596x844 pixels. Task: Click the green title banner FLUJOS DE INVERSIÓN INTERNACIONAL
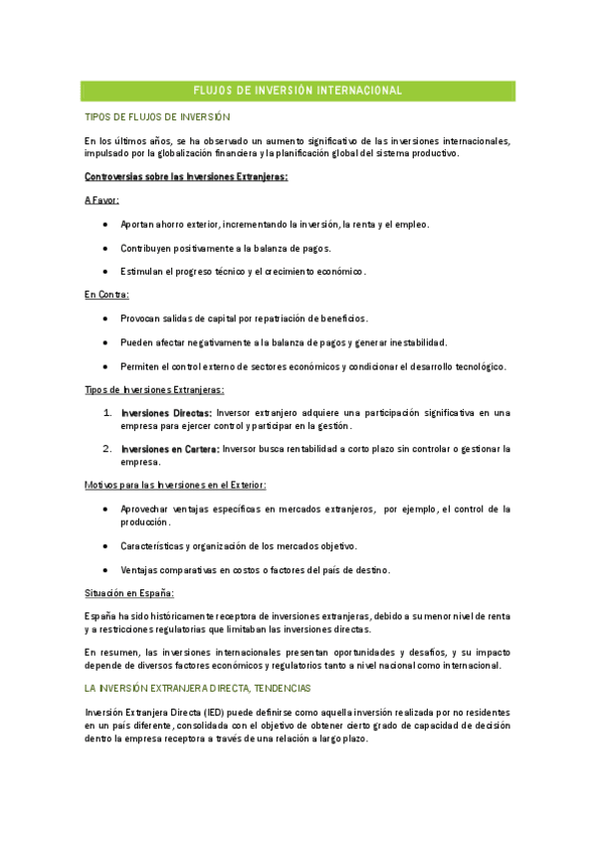298,91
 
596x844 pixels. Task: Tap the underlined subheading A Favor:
102,200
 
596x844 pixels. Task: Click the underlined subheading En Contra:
106,296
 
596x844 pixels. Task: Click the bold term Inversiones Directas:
165,412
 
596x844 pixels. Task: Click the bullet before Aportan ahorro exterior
105,224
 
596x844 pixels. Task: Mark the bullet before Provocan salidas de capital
105,319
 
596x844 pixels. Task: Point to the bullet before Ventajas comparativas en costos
105,570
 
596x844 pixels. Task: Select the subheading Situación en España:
129,594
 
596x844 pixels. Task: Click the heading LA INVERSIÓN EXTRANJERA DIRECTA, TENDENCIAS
198,688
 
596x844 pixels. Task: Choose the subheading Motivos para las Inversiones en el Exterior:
174,485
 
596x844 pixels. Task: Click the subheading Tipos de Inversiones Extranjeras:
154,390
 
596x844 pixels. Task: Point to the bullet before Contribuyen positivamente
105,248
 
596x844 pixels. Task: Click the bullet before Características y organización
105,546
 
